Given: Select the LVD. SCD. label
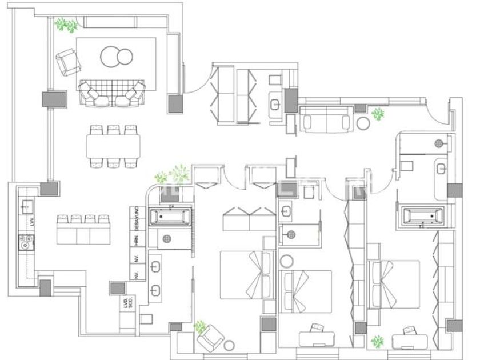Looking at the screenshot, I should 127,303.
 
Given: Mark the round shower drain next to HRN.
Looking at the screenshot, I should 168,240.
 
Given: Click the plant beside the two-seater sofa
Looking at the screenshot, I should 378,114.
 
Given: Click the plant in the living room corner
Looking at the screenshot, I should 66,25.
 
